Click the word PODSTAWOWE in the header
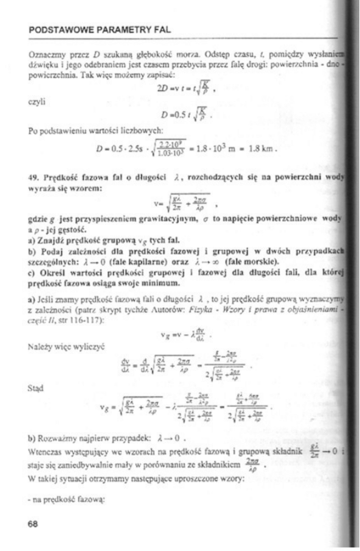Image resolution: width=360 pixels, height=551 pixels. click(x=57, y=29)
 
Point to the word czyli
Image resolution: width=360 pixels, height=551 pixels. click(x=37, y=98)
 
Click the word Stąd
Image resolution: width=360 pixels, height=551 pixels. click(x=37, y=387)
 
